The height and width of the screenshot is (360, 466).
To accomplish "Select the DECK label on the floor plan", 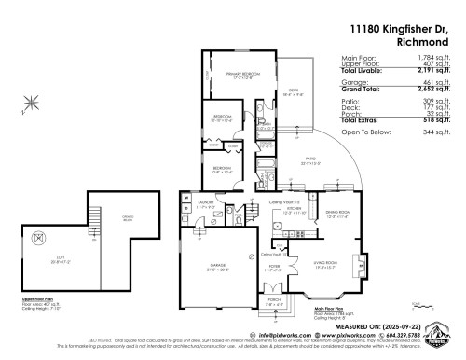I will (295, 90).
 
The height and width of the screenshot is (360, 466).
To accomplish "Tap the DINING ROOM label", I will (336, 214).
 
